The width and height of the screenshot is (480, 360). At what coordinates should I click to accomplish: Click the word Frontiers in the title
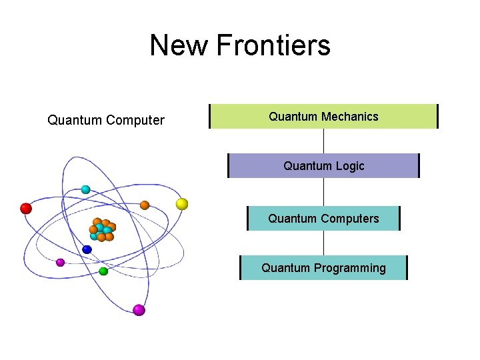pyautogui.click(x=273, y=46)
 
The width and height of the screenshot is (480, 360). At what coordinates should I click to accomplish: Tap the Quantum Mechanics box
pyautogui.click(x=323, y=117)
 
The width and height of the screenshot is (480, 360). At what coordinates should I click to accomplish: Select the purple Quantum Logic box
pyautogui.click(x=323, y=166)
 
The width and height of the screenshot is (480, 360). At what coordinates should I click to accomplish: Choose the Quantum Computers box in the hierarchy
pyautogui.click(x=323, y=219)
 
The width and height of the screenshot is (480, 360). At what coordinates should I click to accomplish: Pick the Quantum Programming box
pyautogui.click(x=323, y=268)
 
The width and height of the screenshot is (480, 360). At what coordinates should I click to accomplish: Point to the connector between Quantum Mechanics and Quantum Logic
pyautogui.click(x=323, y=141)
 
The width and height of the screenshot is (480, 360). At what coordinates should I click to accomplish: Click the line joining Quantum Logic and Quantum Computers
pyautogui.click(x=323, y=192)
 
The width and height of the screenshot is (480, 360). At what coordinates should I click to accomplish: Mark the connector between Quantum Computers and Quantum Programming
pyautogui.click(x=323, y=243)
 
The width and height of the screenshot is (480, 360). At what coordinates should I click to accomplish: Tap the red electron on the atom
pyautogui.click(x=26, y=208)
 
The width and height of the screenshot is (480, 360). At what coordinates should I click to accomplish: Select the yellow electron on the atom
pyautogui.click(x=181, y=203)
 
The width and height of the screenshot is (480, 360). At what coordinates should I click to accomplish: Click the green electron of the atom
pyautogui.click(x=103, y=271)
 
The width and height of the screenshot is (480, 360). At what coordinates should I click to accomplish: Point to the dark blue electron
pyautogui.click(x=87, y=249)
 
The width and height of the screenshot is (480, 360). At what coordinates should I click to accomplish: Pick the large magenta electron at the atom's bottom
pyautogui.click(x=139, y=309)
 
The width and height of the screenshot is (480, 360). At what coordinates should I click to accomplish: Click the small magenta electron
pyautogui.click(x=60, y=262)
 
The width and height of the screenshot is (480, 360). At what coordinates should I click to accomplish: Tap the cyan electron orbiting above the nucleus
pyautogui.click(x=85, y=189)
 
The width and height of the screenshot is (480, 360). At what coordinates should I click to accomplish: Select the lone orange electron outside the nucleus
pyautogui.click(x=145, y=205)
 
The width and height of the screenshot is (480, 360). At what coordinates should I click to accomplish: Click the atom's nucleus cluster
pyautogui.click(x=102, y=229)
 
